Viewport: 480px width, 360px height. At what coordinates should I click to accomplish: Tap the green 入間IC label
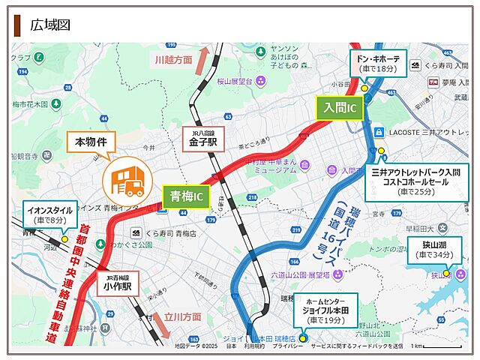[340, 109]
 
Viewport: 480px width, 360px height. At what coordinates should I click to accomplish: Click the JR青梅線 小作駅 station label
[118, 282]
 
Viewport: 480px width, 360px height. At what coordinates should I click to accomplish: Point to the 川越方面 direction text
[173, 61]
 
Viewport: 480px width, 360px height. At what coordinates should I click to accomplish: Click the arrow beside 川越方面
[202, 60]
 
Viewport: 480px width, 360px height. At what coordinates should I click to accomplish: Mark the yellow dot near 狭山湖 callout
[446, 273]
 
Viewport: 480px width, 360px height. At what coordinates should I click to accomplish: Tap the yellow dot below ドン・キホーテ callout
[364, 88]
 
